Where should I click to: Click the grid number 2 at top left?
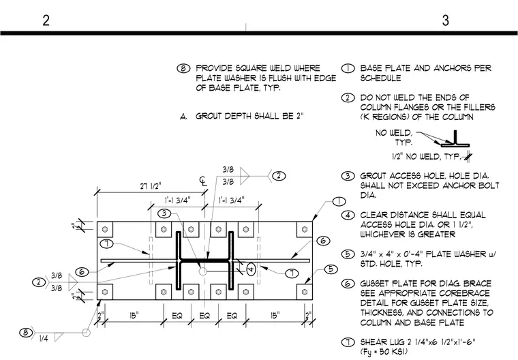46,20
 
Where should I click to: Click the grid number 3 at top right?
445,20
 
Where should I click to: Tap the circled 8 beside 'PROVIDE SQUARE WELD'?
183,68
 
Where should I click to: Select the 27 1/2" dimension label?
151,186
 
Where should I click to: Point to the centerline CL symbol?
203,181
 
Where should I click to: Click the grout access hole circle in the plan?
202,271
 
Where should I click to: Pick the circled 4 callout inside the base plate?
251,269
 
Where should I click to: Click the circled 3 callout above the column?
164,213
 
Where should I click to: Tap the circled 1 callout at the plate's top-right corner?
339,201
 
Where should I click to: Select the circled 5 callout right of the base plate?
331,269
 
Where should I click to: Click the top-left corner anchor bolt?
105,229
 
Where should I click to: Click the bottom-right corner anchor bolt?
305,292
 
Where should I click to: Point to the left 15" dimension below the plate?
134,316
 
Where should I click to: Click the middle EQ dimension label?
204,316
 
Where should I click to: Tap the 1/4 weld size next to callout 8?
44,338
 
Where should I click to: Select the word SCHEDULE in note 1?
380,78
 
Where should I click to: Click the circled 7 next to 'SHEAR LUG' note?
348,342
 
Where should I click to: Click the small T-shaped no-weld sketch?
455,138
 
